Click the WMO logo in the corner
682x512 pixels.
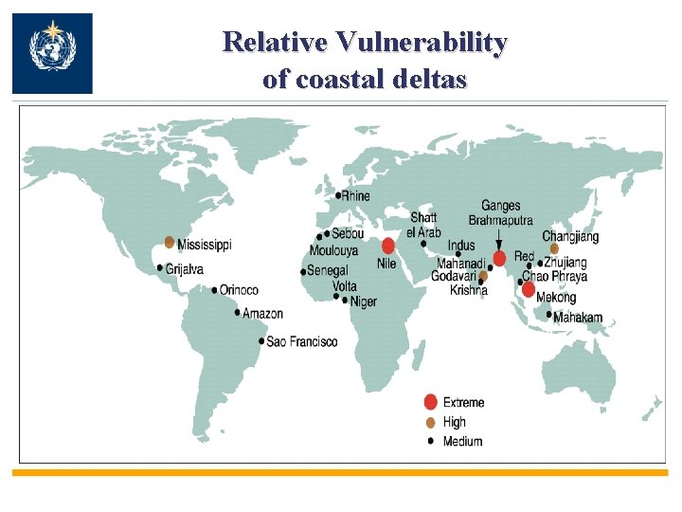point(52,53)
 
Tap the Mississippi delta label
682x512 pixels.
point(204,245)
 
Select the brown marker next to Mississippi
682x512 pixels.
point(170,243)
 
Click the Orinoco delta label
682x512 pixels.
point(239,290)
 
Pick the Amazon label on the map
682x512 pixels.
point(262,314)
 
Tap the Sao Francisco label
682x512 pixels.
point(301,341)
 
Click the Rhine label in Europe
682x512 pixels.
point(356,195)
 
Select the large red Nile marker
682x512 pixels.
point(388,246)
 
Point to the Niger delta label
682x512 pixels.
point(364,302)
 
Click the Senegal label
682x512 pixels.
point(328,271)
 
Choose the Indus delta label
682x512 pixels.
point(461,247)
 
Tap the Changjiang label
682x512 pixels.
point(570,236)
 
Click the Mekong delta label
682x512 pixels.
point(556,298)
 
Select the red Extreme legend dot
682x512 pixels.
point(431,402)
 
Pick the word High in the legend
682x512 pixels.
point(455,422)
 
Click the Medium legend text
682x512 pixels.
point(462,441)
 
